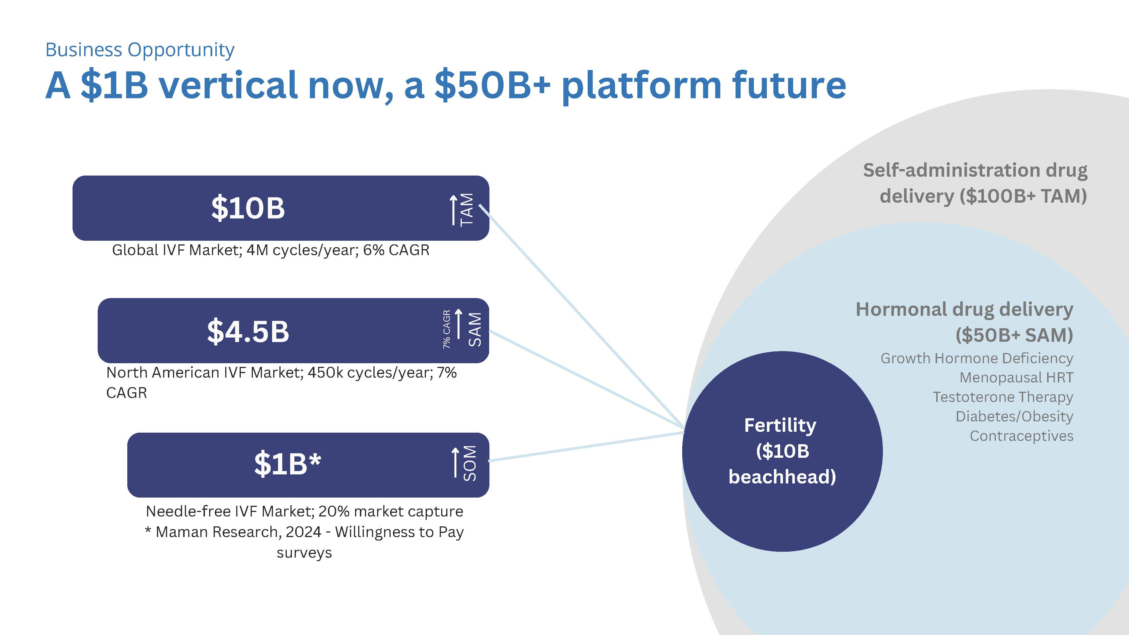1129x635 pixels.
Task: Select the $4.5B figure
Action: pyautogui.click(x=248, y=331)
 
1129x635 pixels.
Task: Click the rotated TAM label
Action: pyautogui.click(x=467, y=209)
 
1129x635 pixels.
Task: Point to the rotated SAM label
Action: pyautogui.click(x=475, y=330)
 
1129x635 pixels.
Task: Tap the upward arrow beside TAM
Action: pyautogui.click(x=454, y=210)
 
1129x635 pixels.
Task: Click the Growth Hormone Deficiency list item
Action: pyautogui.click(x=977, y=358)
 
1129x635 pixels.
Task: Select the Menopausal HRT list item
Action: pyautogui.click(x=1016, y=377)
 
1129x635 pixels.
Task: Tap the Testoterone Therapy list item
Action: pyautogui.click(x=1003, y=397)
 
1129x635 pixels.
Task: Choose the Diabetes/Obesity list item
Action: pyautogui.click(x=1014, y=416)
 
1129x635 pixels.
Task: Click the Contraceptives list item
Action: pyautogui.click(x=1022, y=436)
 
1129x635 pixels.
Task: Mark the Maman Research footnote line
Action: pyautogui.click(x=304, y=532)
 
